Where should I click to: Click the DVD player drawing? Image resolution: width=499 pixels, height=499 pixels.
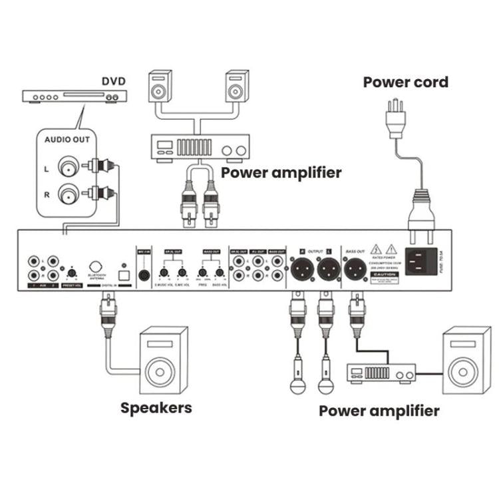(x=74, y=96)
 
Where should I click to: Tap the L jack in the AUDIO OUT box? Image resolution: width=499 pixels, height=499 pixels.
(x=68, y=166)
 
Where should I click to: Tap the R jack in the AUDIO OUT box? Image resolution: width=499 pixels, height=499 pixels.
(x=68, y=194)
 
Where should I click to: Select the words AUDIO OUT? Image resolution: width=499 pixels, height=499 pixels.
(x=67, y=140)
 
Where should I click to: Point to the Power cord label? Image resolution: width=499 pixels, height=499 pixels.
(x=405, y=83)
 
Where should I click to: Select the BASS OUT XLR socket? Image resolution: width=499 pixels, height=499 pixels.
(x=355, y=269)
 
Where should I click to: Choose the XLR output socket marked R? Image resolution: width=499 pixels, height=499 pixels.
(x=300, y=269)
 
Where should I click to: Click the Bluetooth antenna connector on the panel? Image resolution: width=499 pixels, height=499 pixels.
(x=96, y=267)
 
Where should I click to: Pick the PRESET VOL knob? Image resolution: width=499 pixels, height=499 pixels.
(x=71, y=273)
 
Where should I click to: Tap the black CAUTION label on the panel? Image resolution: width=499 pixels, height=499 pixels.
(x=385, y=273)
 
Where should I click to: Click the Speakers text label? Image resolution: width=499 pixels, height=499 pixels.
(x=156, y=407)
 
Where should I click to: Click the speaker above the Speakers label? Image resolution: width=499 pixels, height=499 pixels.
(x=163, y=359)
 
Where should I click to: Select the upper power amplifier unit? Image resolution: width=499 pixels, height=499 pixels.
(x=196, y=148)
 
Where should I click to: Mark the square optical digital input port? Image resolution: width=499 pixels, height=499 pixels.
(x=122, y=273)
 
